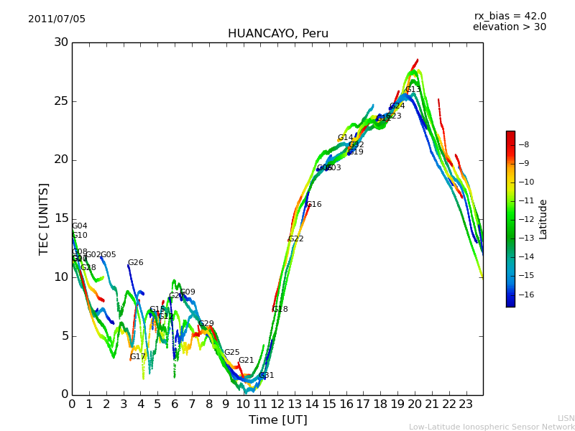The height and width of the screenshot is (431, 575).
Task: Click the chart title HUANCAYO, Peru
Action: point(277,34)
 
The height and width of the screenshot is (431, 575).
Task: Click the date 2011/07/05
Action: point(57,19)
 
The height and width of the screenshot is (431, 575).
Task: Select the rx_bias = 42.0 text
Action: point(510,16)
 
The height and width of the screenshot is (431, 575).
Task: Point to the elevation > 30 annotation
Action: point(509,27)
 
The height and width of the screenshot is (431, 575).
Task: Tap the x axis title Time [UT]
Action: point(277,420)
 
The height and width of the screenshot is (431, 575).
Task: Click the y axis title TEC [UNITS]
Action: point(44,218)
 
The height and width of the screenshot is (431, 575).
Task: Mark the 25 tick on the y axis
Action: point(61,101)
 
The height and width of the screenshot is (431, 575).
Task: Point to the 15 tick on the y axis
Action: point(61,218)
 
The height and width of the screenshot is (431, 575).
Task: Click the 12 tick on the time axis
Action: point(277,404)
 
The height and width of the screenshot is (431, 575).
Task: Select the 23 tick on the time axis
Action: point(466,404)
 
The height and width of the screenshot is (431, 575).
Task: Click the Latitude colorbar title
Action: point(543,219)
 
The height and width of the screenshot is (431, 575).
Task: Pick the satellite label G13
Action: point(413,90)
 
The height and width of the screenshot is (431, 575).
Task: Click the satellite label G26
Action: point(135,263)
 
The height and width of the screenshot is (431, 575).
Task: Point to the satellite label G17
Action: point(137,357)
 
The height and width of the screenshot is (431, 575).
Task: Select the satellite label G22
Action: point(295,239)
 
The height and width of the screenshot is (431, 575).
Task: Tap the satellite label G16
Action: point(314,205)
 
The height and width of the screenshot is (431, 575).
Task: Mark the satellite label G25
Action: point(231,353)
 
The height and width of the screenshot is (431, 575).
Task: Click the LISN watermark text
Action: point(566,418)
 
